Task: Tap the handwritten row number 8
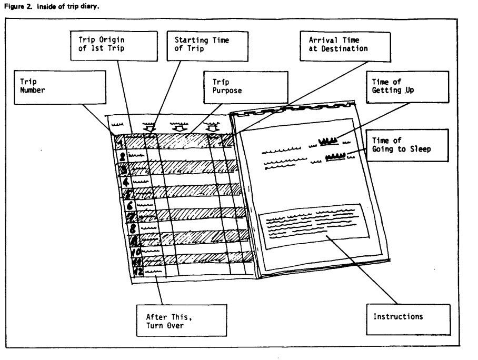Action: click(x=132, y=228)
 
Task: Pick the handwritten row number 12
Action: click(x=139, y=272)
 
